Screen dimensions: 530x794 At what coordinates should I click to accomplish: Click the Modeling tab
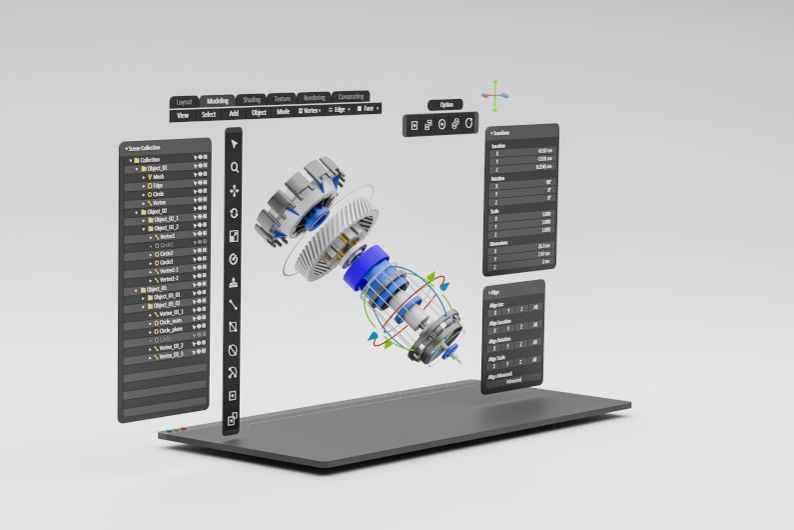pos(217,101)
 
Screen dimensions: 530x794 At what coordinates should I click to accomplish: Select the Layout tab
pos(185,102)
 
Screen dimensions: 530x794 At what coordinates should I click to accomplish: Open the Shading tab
pos(252,100)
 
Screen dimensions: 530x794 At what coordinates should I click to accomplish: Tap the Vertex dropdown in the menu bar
pos(310,110)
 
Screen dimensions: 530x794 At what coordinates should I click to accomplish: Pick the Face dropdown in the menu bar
pos(370,108)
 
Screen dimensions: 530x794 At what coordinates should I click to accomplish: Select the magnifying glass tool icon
pos(234,167)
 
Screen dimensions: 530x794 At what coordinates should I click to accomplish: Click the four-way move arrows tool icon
pos(234,190)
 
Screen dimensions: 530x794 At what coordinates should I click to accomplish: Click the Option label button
pos(445,105)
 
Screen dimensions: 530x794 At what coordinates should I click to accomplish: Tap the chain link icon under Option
pos(454,124)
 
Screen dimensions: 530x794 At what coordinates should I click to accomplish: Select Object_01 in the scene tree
pos(158,168)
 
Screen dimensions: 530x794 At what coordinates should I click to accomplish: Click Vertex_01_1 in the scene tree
pos(171,312)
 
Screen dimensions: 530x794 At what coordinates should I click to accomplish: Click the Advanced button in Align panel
pos(513,381)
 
